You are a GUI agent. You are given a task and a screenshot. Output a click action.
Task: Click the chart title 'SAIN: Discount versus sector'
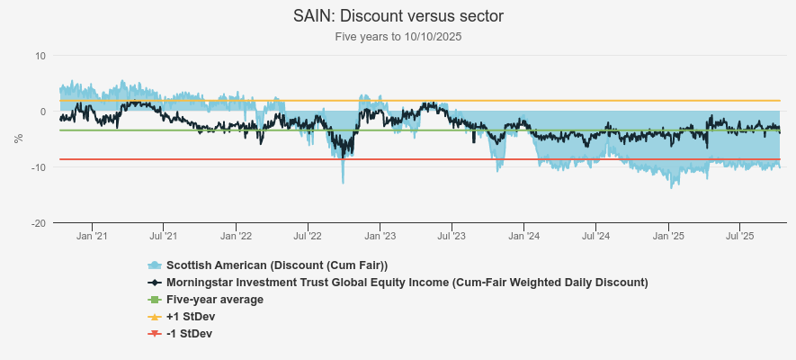point(398,16)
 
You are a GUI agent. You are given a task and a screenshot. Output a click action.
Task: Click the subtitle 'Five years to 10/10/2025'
point(398,37)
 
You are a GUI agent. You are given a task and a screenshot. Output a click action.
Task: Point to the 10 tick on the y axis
point(40,56)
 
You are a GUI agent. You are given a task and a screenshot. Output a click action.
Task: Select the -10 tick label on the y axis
point(39,167)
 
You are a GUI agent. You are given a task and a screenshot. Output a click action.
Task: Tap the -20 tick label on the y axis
point(39,223)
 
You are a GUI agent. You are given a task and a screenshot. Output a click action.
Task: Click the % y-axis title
point(18,139)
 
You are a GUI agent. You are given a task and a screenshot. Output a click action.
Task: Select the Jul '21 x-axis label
point(163,237)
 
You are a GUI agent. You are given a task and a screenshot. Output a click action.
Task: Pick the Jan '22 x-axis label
point(236,237)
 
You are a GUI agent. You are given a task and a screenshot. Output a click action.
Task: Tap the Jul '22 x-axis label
point(307,237)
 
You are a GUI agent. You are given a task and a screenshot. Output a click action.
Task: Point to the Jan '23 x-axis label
point(380,237)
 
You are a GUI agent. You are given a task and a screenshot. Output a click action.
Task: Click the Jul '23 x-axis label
point(451,237)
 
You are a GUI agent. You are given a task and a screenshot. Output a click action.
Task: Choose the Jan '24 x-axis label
point(523,237)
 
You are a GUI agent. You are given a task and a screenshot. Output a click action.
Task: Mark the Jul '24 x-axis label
point(595,237)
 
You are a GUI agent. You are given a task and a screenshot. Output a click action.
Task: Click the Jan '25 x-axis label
point(668,237)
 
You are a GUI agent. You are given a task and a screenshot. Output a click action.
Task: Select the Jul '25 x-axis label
point(739,237)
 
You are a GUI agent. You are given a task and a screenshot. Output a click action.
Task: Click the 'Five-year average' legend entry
point(214,299)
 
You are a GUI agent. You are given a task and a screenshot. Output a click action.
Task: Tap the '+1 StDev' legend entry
point(190,316)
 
